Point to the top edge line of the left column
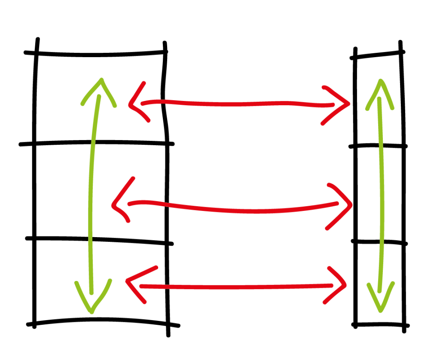pyautogui.click(x=99, y=55)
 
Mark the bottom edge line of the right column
pyautogui.click(x=380, y=324)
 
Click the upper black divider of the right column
pyautogui.click(x=378, y=146)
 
